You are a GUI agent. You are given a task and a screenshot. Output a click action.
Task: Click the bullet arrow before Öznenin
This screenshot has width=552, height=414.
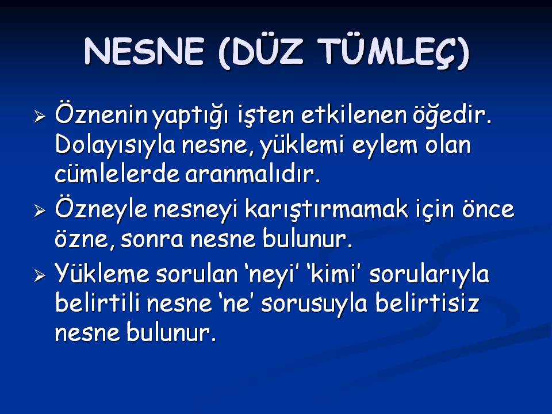[x=40, y=116]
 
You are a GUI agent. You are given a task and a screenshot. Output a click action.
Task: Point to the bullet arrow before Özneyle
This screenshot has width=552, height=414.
[x=40, y=210]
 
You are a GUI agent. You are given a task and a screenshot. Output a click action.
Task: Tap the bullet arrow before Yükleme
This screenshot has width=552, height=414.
[x=40, y=275]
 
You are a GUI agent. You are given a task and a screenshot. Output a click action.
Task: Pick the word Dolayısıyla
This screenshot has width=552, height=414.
[x=115, y=145]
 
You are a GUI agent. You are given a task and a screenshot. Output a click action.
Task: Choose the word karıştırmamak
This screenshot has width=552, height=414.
[x=326, y=209]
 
